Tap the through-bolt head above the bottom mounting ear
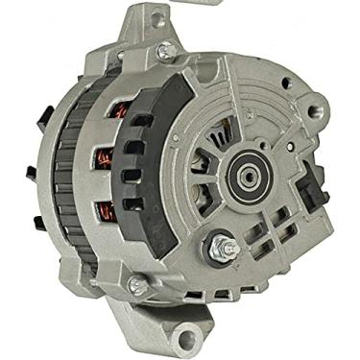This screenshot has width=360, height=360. point(138,284)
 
